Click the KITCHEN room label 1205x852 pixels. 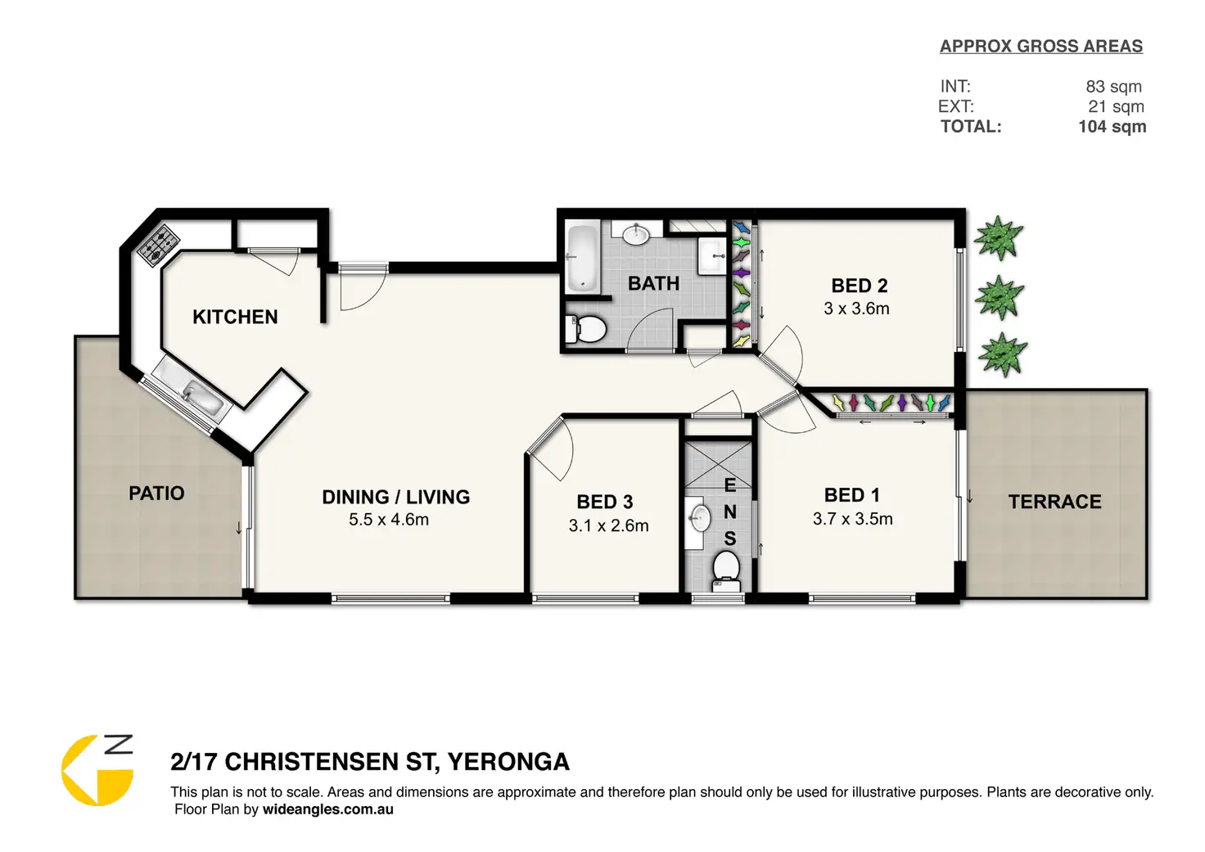[x=235, y=317]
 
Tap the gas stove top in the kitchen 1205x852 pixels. [x=158, y=246]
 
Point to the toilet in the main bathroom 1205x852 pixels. [x=586, y=328]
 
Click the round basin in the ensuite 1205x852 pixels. [x=700, y=519]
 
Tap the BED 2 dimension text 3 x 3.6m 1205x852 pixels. [x=856, y=309]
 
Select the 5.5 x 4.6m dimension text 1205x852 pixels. [x=388, y=520]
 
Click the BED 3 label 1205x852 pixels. [x=605, y=502]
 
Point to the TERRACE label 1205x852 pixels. [x=1054, y=502]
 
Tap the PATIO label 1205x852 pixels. [x=156, y=494]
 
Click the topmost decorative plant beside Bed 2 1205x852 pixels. [x=999, y=237]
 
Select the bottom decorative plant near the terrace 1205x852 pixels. [x=1002, y=354]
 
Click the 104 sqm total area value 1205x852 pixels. [x=1112, y=127]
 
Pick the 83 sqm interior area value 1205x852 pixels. [x=1113, y=87]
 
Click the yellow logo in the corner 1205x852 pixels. [x=97, y=769]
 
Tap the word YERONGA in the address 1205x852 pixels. [x=508, y=762]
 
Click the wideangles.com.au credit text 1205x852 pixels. [x=327, y=809]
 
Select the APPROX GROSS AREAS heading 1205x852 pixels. [x=1041, y=47]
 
